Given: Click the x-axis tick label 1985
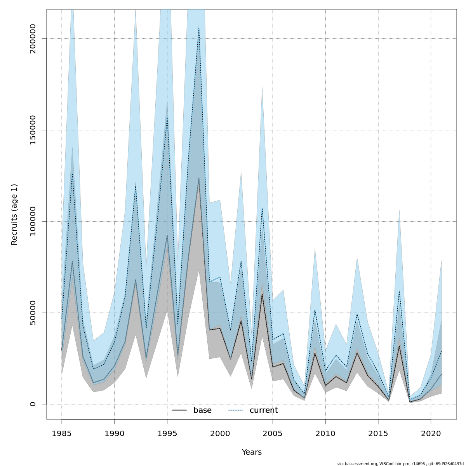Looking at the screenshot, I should click(62, 433).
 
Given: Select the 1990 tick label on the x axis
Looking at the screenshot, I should click(115, 433).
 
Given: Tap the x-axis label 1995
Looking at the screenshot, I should click(167, 433).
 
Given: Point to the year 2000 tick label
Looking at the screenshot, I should click(220, 433).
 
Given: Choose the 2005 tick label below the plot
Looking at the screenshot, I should click(273, 433).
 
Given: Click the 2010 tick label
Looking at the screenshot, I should click(325, 433).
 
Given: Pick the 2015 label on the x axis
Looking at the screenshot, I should click(378, 433).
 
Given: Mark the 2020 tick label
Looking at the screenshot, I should click(431, 433).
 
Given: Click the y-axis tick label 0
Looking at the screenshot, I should click(33, 404).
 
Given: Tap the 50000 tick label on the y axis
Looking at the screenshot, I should click(33, 313).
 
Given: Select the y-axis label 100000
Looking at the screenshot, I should click(33, 221).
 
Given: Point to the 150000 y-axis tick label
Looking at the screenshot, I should click(33, 130).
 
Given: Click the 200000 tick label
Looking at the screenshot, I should click(33, 39).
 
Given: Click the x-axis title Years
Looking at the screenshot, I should click(252, 452).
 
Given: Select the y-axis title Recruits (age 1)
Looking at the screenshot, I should click(14, 214).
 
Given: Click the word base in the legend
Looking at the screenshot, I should click(202, 410).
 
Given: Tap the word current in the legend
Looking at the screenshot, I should click(264, 410).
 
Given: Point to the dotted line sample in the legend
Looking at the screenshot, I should click(235, 410).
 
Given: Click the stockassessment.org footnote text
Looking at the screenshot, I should click(400, 464).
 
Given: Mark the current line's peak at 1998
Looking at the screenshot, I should click(199, 28).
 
